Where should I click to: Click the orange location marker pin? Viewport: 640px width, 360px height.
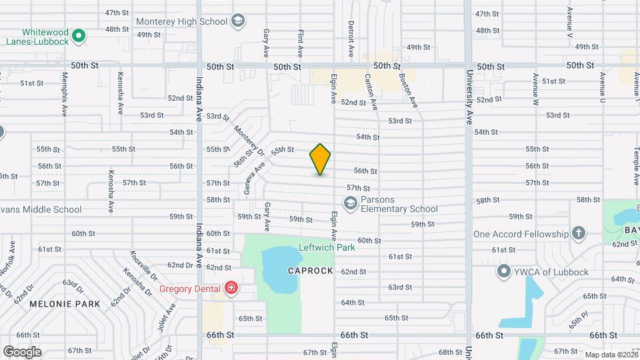(321, 159)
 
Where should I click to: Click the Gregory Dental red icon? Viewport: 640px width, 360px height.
(231, 288)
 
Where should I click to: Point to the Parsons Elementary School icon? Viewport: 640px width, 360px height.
(350, 203)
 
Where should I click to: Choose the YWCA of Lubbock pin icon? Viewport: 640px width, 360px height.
(504, 271)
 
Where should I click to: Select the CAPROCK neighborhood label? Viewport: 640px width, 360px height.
(310, 271)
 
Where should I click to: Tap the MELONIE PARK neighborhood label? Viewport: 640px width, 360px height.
(64, 303)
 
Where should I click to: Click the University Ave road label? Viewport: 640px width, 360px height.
(469, 90)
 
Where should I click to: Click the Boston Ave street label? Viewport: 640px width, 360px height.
(407, 90)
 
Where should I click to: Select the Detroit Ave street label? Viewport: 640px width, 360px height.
(351, 38)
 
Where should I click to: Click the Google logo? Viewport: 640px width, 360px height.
(22, 351)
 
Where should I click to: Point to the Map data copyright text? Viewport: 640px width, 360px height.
(611, 354)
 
